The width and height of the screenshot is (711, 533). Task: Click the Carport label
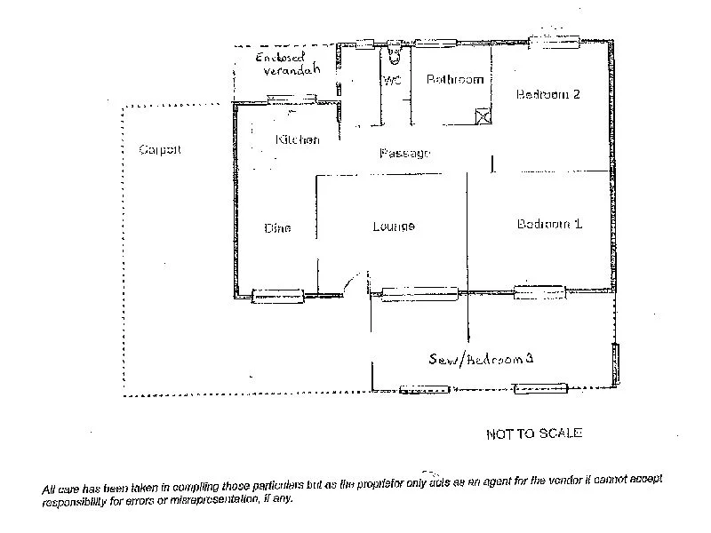click(x=160, y=150)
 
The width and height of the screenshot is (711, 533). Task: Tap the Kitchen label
click(x=297, y=140)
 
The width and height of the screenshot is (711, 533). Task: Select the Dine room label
click(x=277, y=228)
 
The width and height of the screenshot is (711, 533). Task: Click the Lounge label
click(x=394, y=227)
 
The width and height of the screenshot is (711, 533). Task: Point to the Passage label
click(x=404, y=154)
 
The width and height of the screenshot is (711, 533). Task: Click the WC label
click(x=392, y=81)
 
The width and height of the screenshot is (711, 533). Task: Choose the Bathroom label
click(x=455, y=80)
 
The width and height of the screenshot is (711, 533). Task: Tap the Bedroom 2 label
click(x=548, y=95)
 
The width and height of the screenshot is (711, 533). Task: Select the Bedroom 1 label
click(x=549, y=224)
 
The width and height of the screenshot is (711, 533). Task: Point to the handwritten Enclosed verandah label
click(x=286, y=63)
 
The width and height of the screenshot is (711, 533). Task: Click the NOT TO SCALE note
click(x=534, y=434)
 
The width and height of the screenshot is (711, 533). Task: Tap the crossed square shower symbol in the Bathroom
click(x=483, y=115)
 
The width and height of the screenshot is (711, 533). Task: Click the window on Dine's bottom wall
click(x=278, y=296)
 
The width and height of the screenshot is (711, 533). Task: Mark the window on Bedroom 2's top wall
click(x=555, y=40)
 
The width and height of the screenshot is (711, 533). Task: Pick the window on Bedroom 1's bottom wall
click(x=539, y=291)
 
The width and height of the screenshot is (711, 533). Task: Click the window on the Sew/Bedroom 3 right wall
click(x=614, y=364)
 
